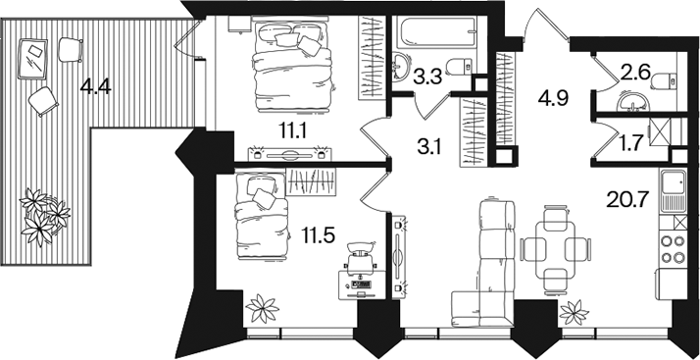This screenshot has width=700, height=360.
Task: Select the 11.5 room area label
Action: click(319, 235)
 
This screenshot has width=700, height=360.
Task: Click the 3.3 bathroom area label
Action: click(427, 77)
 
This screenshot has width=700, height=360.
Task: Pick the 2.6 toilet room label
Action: click(635, 72)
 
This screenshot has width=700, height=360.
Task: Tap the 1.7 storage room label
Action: click(630, 142)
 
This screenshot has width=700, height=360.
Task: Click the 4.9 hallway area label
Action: click(553, 99)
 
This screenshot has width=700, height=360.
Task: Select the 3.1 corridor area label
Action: click(429, 146)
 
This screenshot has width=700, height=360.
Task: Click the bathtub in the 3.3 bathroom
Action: click(438, 31)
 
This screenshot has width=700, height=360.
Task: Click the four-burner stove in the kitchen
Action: click(673, 249)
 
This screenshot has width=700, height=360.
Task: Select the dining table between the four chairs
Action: click(556, 249)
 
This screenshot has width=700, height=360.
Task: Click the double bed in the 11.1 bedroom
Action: click(293, 65)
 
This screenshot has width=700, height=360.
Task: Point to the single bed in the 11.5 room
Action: click(261, 216)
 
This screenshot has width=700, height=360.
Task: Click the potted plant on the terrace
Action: click(44, 217)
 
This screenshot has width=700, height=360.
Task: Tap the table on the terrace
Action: click(32, 59)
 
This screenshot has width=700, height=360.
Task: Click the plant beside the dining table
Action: click(575, 313)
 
